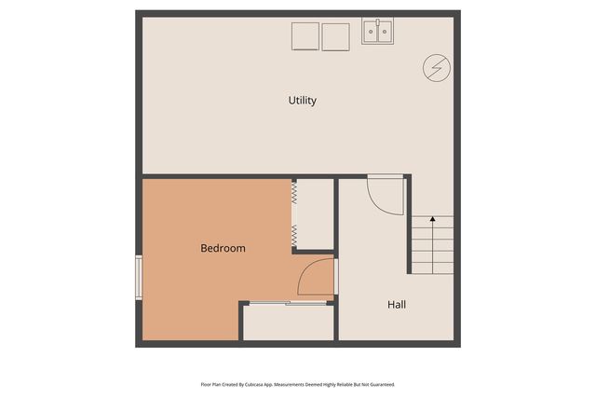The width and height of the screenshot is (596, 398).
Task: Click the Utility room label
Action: (302, 100)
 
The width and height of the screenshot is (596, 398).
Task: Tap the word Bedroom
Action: (223, 248)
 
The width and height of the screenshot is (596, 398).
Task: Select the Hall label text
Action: (396, 304)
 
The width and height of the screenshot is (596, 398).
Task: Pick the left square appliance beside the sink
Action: (305, 36)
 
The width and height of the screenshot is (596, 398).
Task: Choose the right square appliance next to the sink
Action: (334, 36)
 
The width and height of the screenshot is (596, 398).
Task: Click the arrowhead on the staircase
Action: (432, 220)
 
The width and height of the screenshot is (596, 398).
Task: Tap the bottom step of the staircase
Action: (433, 268)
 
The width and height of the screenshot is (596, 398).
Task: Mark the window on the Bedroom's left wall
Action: (139, 278)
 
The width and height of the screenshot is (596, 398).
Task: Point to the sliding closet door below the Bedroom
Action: (286, 303)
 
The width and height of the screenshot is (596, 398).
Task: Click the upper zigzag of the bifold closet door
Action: (294, 193)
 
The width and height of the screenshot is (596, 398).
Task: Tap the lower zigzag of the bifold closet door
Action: (294, 233)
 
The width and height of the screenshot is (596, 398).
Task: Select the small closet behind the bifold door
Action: (314, 214)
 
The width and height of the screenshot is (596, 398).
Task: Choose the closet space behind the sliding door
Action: (289, 322)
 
